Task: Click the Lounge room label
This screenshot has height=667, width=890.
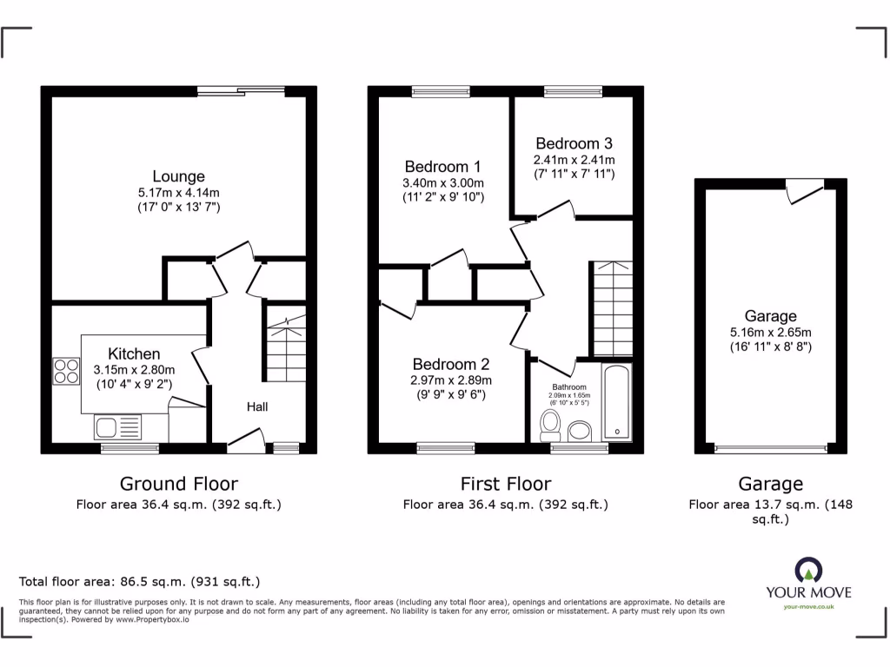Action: (x=178, y=176)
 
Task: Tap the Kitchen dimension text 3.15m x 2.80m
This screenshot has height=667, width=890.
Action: (x=134, y=368)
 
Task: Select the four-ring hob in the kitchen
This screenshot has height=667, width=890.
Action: (x=66, y=371)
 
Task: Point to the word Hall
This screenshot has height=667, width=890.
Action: (x=256, y=406)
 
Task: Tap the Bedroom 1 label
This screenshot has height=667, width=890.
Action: (x=442, y=167)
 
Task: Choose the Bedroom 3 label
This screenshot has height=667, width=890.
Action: (x=574, y=143)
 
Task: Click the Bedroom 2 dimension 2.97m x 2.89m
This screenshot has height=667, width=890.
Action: (x=451, y=380)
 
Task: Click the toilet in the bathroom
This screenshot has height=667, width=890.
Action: (x=549, y=425)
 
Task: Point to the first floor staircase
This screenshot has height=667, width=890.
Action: (x=612, y=308)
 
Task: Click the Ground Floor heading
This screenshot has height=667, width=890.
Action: (x=178, y=484)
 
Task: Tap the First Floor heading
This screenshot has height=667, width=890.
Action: (x=505, y=484)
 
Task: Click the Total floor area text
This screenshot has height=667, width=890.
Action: (x=139, y=582)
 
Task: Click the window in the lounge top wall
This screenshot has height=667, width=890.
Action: (x=241, y=89)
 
